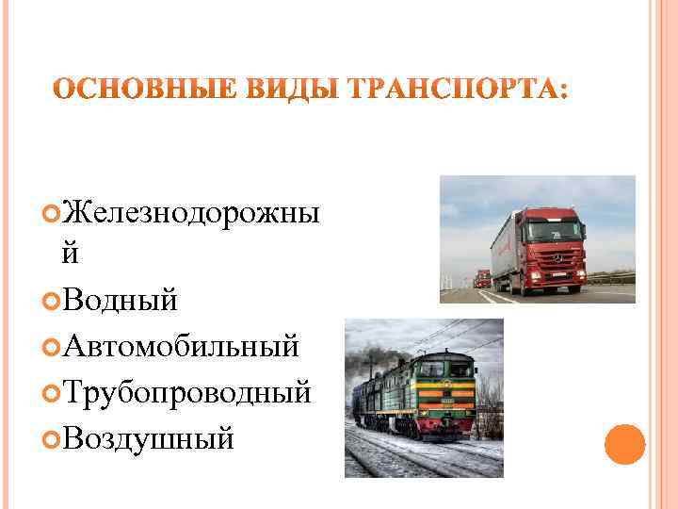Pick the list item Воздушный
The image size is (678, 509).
click(146, 437)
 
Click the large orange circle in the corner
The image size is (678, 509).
click(623, 446)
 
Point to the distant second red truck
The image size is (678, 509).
click(482, 277)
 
